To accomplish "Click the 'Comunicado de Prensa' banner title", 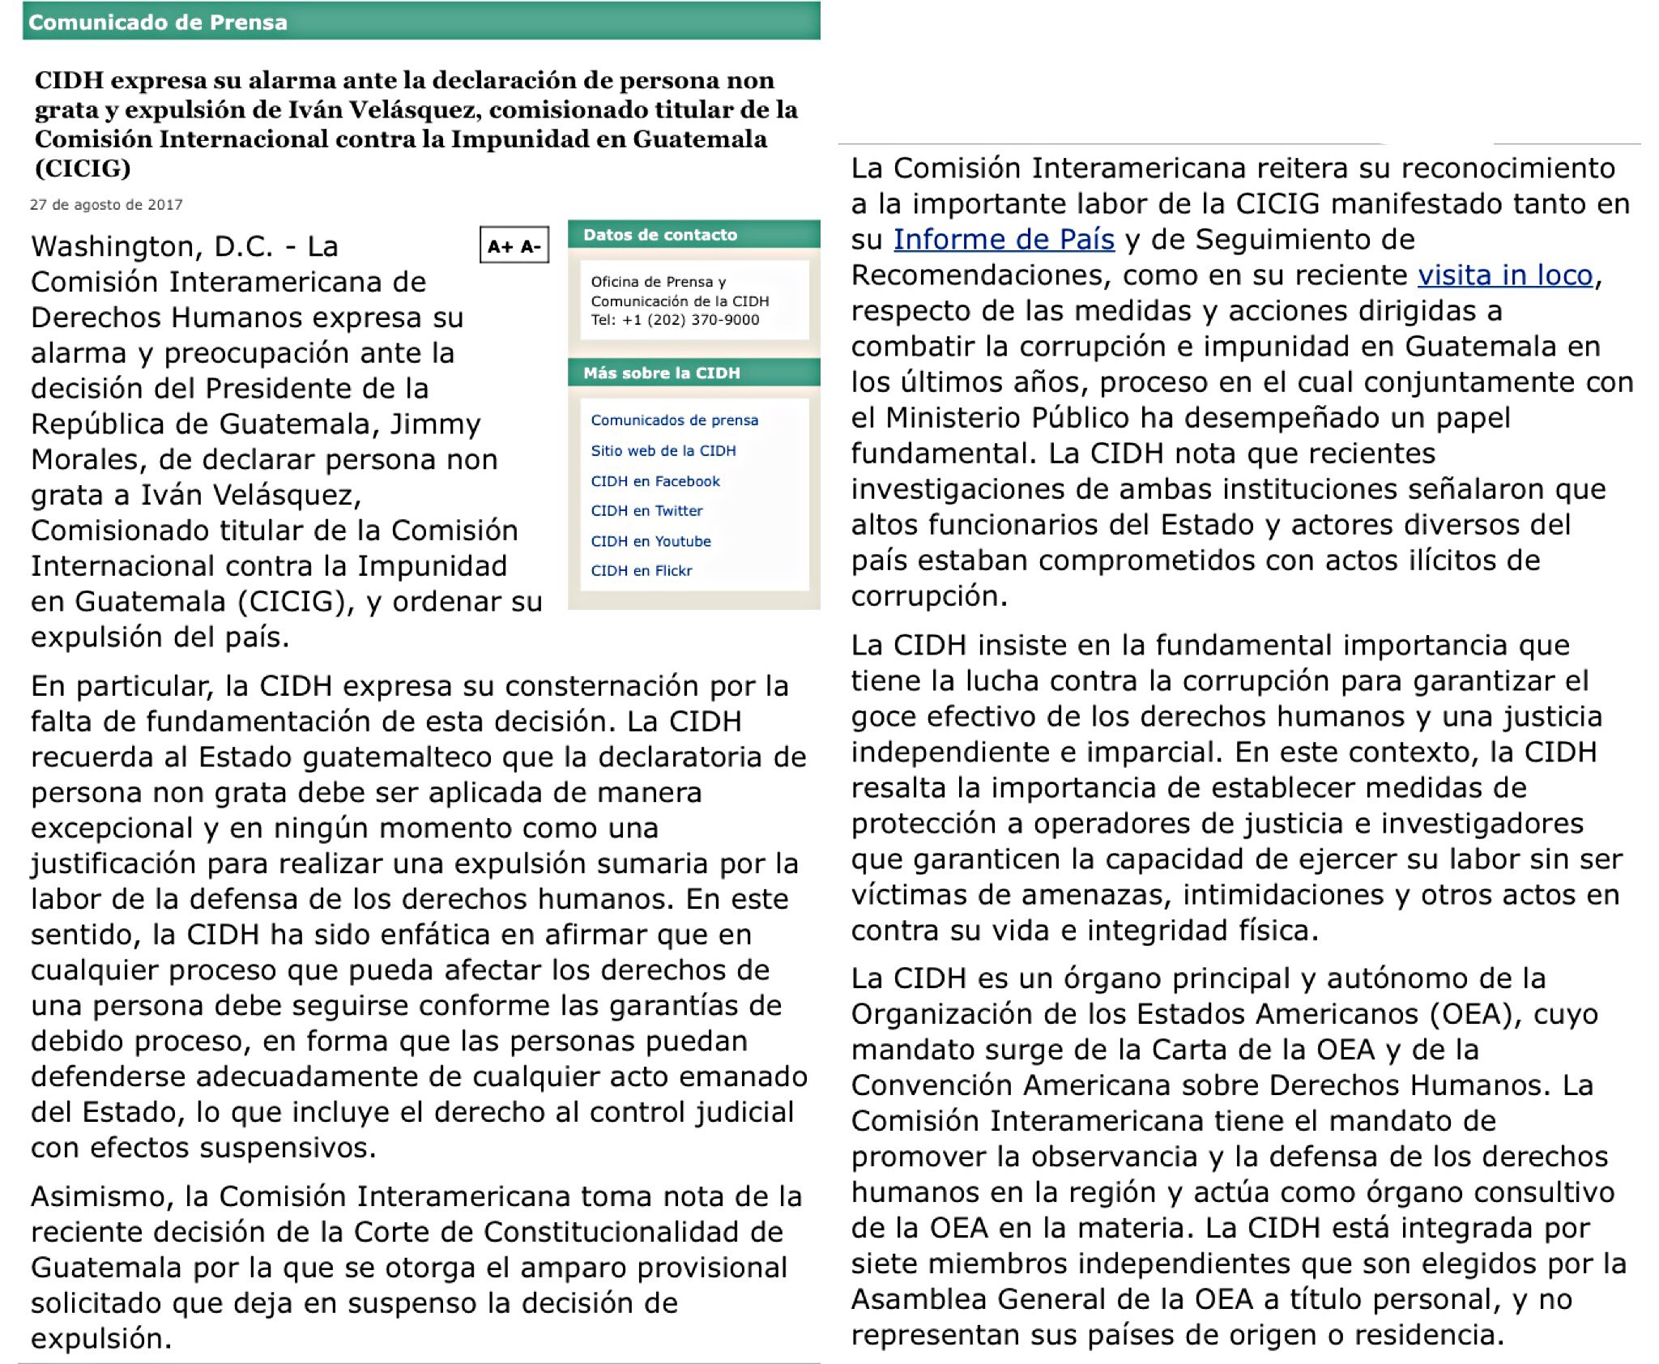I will coord(158,23).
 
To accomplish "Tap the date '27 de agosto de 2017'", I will coord(106,205).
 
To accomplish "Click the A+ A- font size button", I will coord(514,246).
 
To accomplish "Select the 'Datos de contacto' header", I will coord(660,235).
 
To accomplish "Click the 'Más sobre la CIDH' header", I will coord(662,373).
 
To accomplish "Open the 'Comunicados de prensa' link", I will coord(674,420).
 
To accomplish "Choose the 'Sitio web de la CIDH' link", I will coord(663,451).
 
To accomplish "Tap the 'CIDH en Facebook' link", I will coord(655,481).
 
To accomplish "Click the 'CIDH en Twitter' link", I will coord(646,511).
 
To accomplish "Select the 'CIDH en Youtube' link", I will coord(650,541).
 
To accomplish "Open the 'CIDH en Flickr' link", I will coord(642,571).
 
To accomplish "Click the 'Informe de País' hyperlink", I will coord(1004,240).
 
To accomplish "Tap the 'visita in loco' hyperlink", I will coord(1504,275).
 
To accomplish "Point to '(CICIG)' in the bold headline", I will coord(83,168).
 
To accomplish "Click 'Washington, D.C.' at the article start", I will coord(151,246).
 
